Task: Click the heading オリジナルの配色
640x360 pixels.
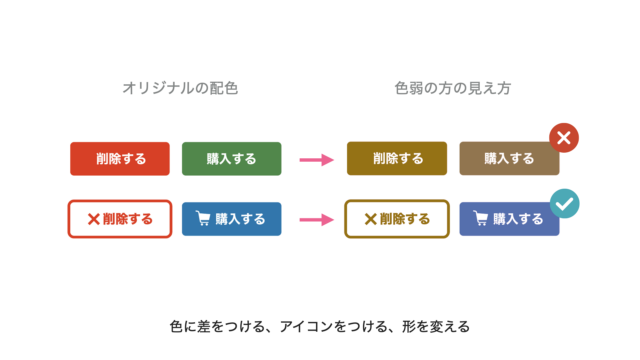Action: coord(180,88)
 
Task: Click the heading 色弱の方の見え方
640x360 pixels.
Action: coord(453,88)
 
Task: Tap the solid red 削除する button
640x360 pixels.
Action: coord(120,159)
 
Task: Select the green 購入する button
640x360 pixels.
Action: coord(231,159)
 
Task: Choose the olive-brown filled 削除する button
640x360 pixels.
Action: coord(397,158)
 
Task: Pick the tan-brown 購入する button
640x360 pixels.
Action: coord(509,158)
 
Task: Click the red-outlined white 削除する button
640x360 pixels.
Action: coord(120,219)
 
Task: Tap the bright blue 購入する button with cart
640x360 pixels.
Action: coord(231,219)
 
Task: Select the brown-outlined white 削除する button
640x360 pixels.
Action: coord(397,219)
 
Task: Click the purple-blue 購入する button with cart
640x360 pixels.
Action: coord(509,219)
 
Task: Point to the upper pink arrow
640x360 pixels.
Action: coord(317,160)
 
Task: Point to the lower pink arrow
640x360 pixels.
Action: coord(317,220)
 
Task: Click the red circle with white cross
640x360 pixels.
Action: coord(564,138)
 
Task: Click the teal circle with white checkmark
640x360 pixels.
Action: coord(564,204)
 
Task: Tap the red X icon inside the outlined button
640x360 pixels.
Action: coord(93,219)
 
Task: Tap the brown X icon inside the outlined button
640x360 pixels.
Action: coord(370,219)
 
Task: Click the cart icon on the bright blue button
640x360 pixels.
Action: coord(203,218)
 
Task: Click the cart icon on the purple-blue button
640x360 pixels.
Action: coord(480,218)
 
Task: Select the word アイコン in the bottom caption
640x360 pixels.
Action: coord(307,327)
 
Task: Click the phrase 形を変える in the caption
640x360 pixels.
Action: coord(436,327)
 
